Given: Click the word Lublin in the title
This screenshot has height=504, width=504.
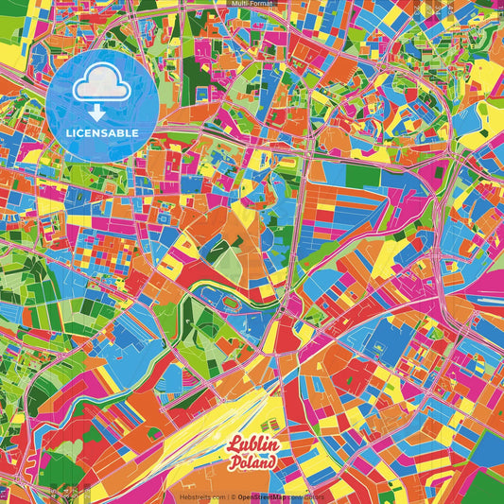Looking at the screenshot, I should coord(252,445).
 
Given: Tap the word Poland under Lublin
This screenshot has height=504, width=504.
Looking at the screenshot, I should coord(253,462).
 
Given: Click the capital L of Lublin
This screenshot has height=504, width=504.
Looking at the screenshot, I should coord(233,444).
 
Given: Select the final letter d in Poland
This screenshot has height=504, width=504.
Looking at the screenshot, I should coord(273,462).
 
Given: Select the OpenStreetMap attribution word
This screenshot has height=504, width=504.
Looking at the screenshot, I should coord(263,495).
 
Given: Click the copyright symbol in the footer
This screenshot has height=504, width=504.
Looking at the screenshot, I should coord(233,495).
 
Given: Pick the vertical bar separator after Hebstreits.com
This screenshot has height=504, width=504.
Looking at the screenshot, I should coord(225,495).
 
